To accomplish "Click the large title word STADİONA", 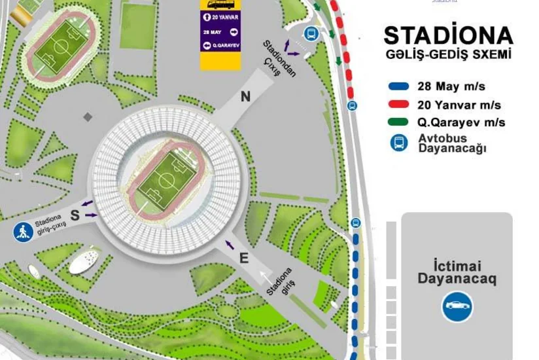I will click(448, 35).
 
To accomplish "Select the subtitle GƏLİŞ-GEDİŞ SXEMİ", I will click(448, 54).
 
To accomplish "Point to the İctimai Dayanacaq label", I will click(457, 272).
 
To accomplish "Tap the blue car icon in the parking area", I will click(457, 306).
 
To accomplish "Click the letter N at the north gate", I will click(245, 97).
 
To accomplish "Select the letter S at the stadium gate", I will click(75, 215).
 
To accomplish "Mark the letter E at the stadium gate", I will click(244, 259).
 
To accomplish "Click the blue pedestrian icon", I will click(23, 232).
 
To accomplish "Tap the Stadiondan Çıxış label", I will click(278, 58).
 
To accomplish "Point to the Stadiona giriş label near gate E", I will click(280, 281).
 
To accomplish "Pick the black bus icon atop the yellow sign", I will click(220, 4).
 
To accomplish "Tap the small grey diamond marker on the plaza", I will click(88, 117).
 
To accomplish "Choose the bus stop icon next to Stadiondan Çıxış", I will click(311, 34).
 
